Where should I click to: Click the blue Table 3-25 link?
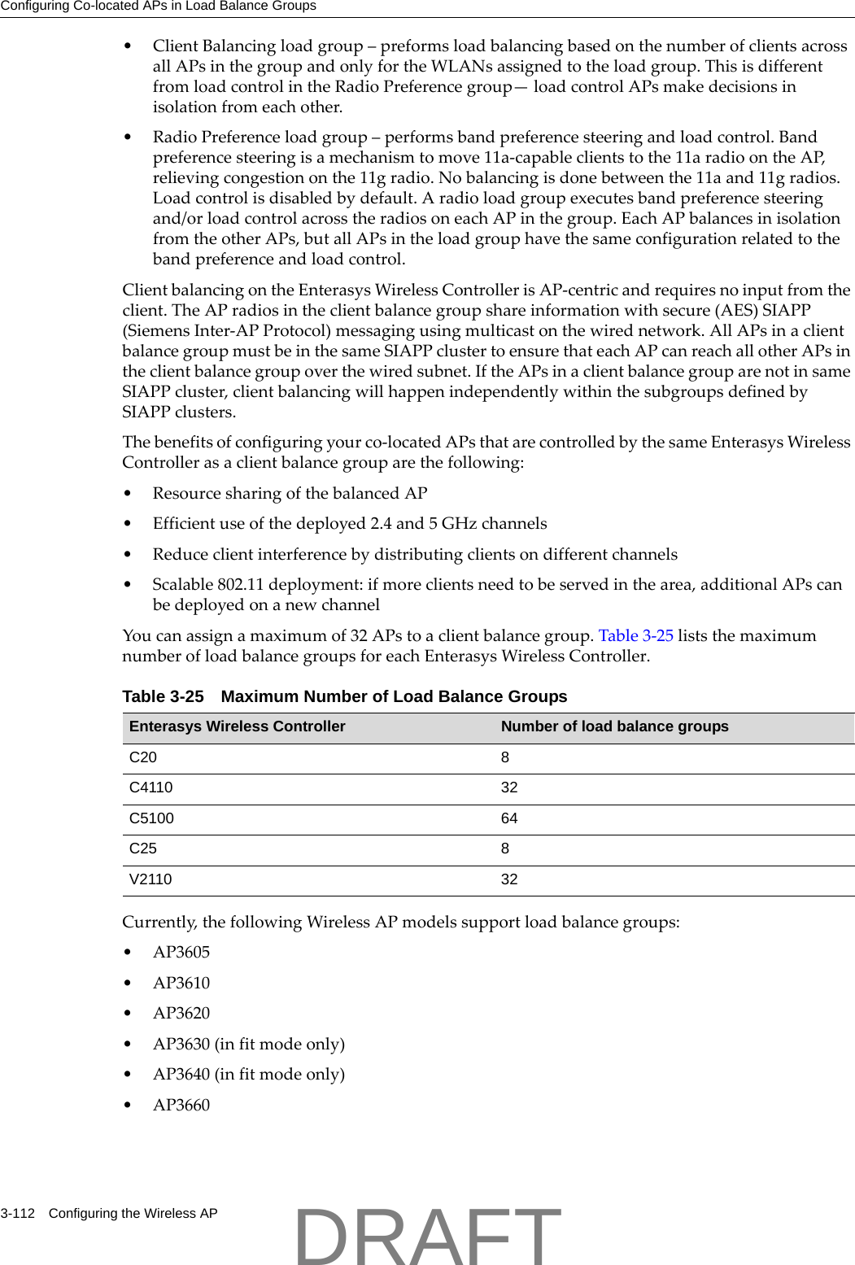point(635,636)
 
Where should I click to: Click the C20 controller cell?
point(143,757)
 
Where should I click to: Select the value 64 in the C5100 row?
point(509,818)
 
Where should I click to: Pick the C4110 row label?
point(151,787)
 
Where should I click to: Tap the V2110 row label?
point(150,879)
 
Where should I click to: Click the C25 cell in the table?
point(143,848)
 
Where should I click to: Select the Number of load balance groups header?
point(614,726)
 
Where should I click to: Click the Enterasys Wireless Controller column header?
point(237,726)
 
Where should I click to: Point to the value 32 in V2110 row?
point(509,879)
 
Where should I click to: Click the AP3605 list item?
point(181,953)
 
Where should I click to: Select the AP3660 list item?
point(181,1106)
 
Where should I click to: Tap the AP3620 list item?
point(181,1014)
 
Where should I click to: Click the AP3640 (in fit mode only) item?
point(248,1075)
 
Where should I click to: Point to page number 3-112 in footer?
point(18,1214)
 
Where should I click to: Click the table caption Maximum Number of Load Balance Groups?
point(394,697)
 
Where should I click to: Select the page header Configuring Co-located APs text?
point(158,7)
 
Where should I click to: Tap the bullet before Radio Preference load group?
point(128,137)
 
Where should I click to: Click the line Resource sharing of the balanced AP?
point(290,494)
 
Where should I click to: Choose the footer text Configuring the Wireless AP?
point(133,1214)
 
